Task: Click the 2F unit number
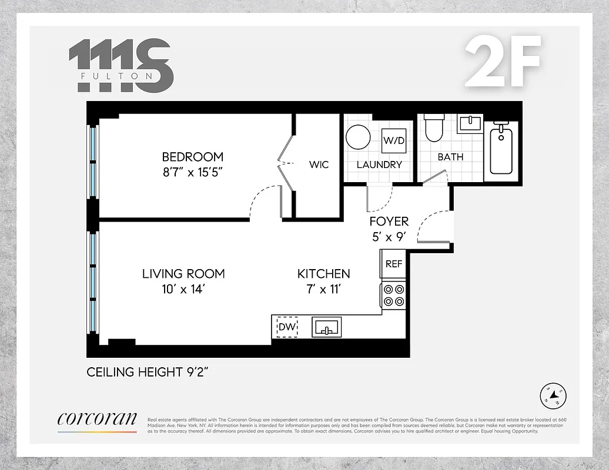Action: pos(503,62)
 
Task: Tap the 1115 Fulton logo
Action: pos(121,65)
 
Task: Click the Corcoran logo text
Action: pos(97,419)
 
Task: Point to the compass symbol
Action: pos(553,397)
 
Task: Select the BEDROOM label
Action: pos(193,157)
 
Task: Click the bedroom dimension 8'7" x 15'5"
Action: pos(193,172)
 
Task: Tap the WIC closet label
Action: pos(319,164)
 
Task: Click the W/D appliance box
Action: pos(393,140)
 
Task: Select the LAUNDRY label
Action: pos(379,164)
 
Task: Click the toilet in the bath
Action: pos(434,129)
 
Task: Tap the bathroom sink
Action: pos(470,124)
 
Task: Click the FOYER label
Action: pos(389,221)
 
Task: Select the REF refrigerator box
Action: pos(393,264)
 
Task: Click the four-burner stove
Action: pos(393,295)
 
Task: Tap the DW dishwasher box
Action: pos(287,327)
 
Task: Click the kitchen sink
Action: pos(327,327)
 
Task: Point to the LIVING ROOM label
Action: pos(183,274)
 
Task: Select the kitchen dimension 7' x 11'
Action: pos(323,289)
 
